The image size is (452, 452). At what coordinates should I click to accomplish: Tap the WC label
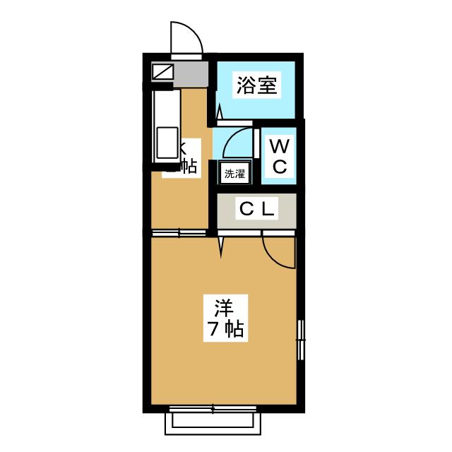click(280, 157)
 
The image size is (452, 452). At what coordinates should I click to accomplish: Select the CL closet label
click(256, 209)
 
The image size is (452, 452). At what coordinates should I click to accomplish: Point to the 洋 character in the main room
click(224, 309)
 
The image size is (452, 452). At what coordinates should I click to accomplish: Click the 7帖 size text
click(225, 328)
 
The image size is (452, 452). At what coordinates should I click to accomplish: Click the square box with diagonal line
click(162, 71)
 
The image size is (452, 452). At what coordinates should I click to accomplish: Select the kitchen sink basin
click(167, 143)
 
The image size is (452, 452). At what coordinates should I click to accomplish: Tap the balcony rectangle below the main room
click(216, 424)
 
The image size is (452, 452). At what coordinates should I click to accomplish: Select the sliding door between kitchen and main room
click(179, 232)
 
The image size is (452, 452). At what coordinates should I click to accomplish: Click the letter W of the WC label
click(280, 147)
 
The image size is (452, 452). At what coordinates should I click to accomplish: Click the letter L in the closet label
click(269, 209)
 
